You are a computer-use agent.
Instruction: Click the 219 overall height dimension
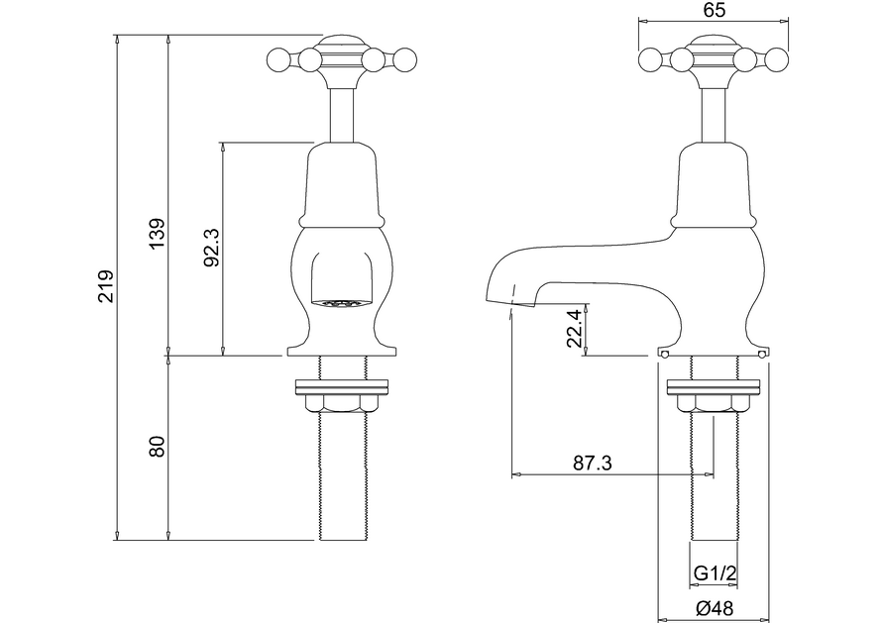coord(106,287)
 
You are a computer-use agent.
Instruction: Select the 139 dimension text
coord(156,234)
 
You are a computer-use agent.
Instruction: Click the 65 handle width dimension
coord(714,11)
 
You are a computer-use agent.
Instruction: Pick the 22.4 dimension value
coord(574,327)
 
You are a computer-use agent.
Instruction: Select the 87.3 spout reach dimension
coord(593,463)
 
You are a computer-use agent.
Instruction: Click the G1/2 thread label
coord(713,573)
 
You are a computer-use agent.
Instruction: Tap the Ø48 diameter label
coord(713,608)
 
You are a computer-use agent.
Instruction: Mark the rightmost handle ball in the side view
coord(778,61)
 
